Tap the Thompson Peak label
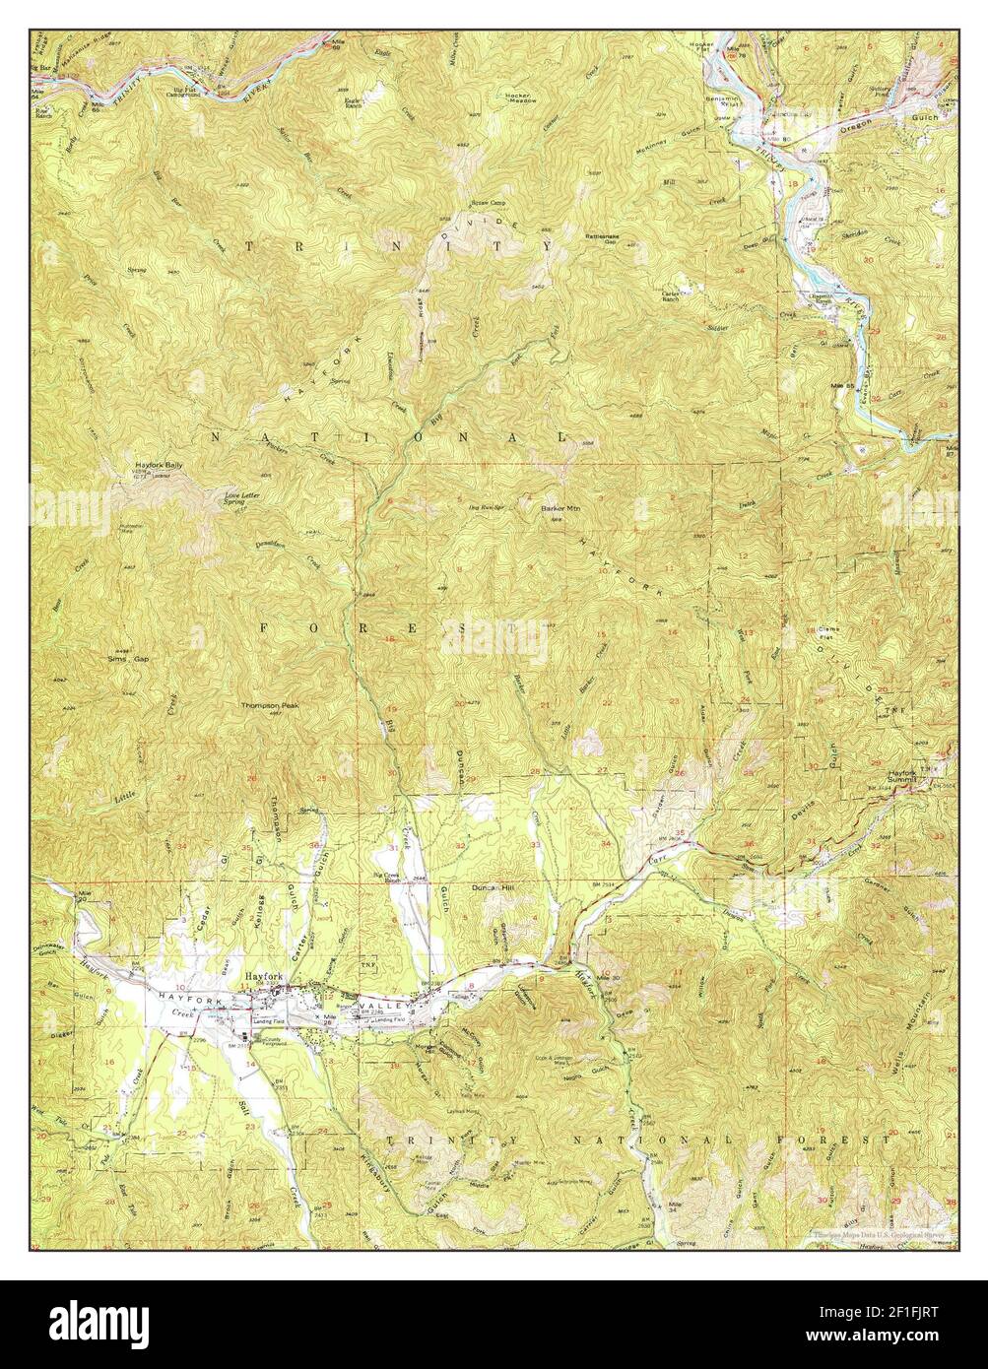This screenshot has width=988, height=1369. click(271, 706)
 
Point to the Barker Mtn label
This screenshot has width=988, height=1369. click(559, 508)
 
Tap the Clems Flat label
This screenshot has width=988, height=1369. click(831, 631)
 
